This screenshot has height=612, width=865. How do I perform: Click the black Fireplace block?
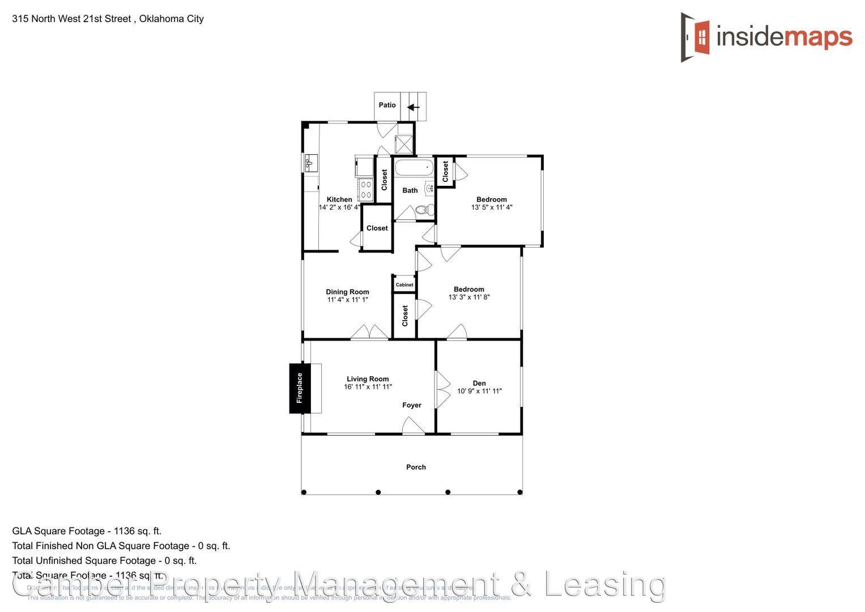point(300,388)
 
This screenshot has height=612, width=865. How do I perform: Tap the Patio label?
point(387,105)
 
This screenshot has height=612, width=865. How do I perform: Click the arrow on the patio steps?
point(414,107)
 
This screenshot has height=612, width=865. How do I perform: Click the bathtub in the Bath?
point(414,168)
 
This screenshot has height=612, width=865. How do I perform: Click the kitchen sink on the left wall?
point(310,163)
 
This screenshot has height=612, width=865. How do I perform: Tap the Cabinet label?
point(404,284)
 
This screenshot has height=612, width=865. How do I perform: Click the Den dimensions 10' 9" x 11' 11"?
point(479,391)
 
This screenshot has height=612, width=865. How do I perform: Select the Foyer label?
point(412,405)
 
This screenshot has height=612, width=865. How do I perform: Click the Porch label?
point(416,467)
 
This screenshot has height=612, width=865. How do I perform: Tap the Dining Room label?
point(347,292)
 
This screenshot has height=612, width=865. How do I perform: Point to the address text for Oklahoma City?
point(108,19)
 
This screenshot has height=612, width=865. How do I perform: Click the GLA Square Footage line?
point(87,531)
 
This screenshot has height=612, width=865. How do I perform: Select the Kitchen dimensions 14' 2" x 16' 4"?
point(339,207)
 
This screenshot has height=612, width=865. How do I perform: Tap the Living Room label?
point(368,379)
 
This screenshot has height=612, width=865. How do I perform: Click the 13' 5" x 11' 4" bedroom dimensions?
point(491,207)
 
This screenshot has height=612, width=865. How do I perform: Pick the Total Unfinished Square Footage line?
point(104,560)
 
